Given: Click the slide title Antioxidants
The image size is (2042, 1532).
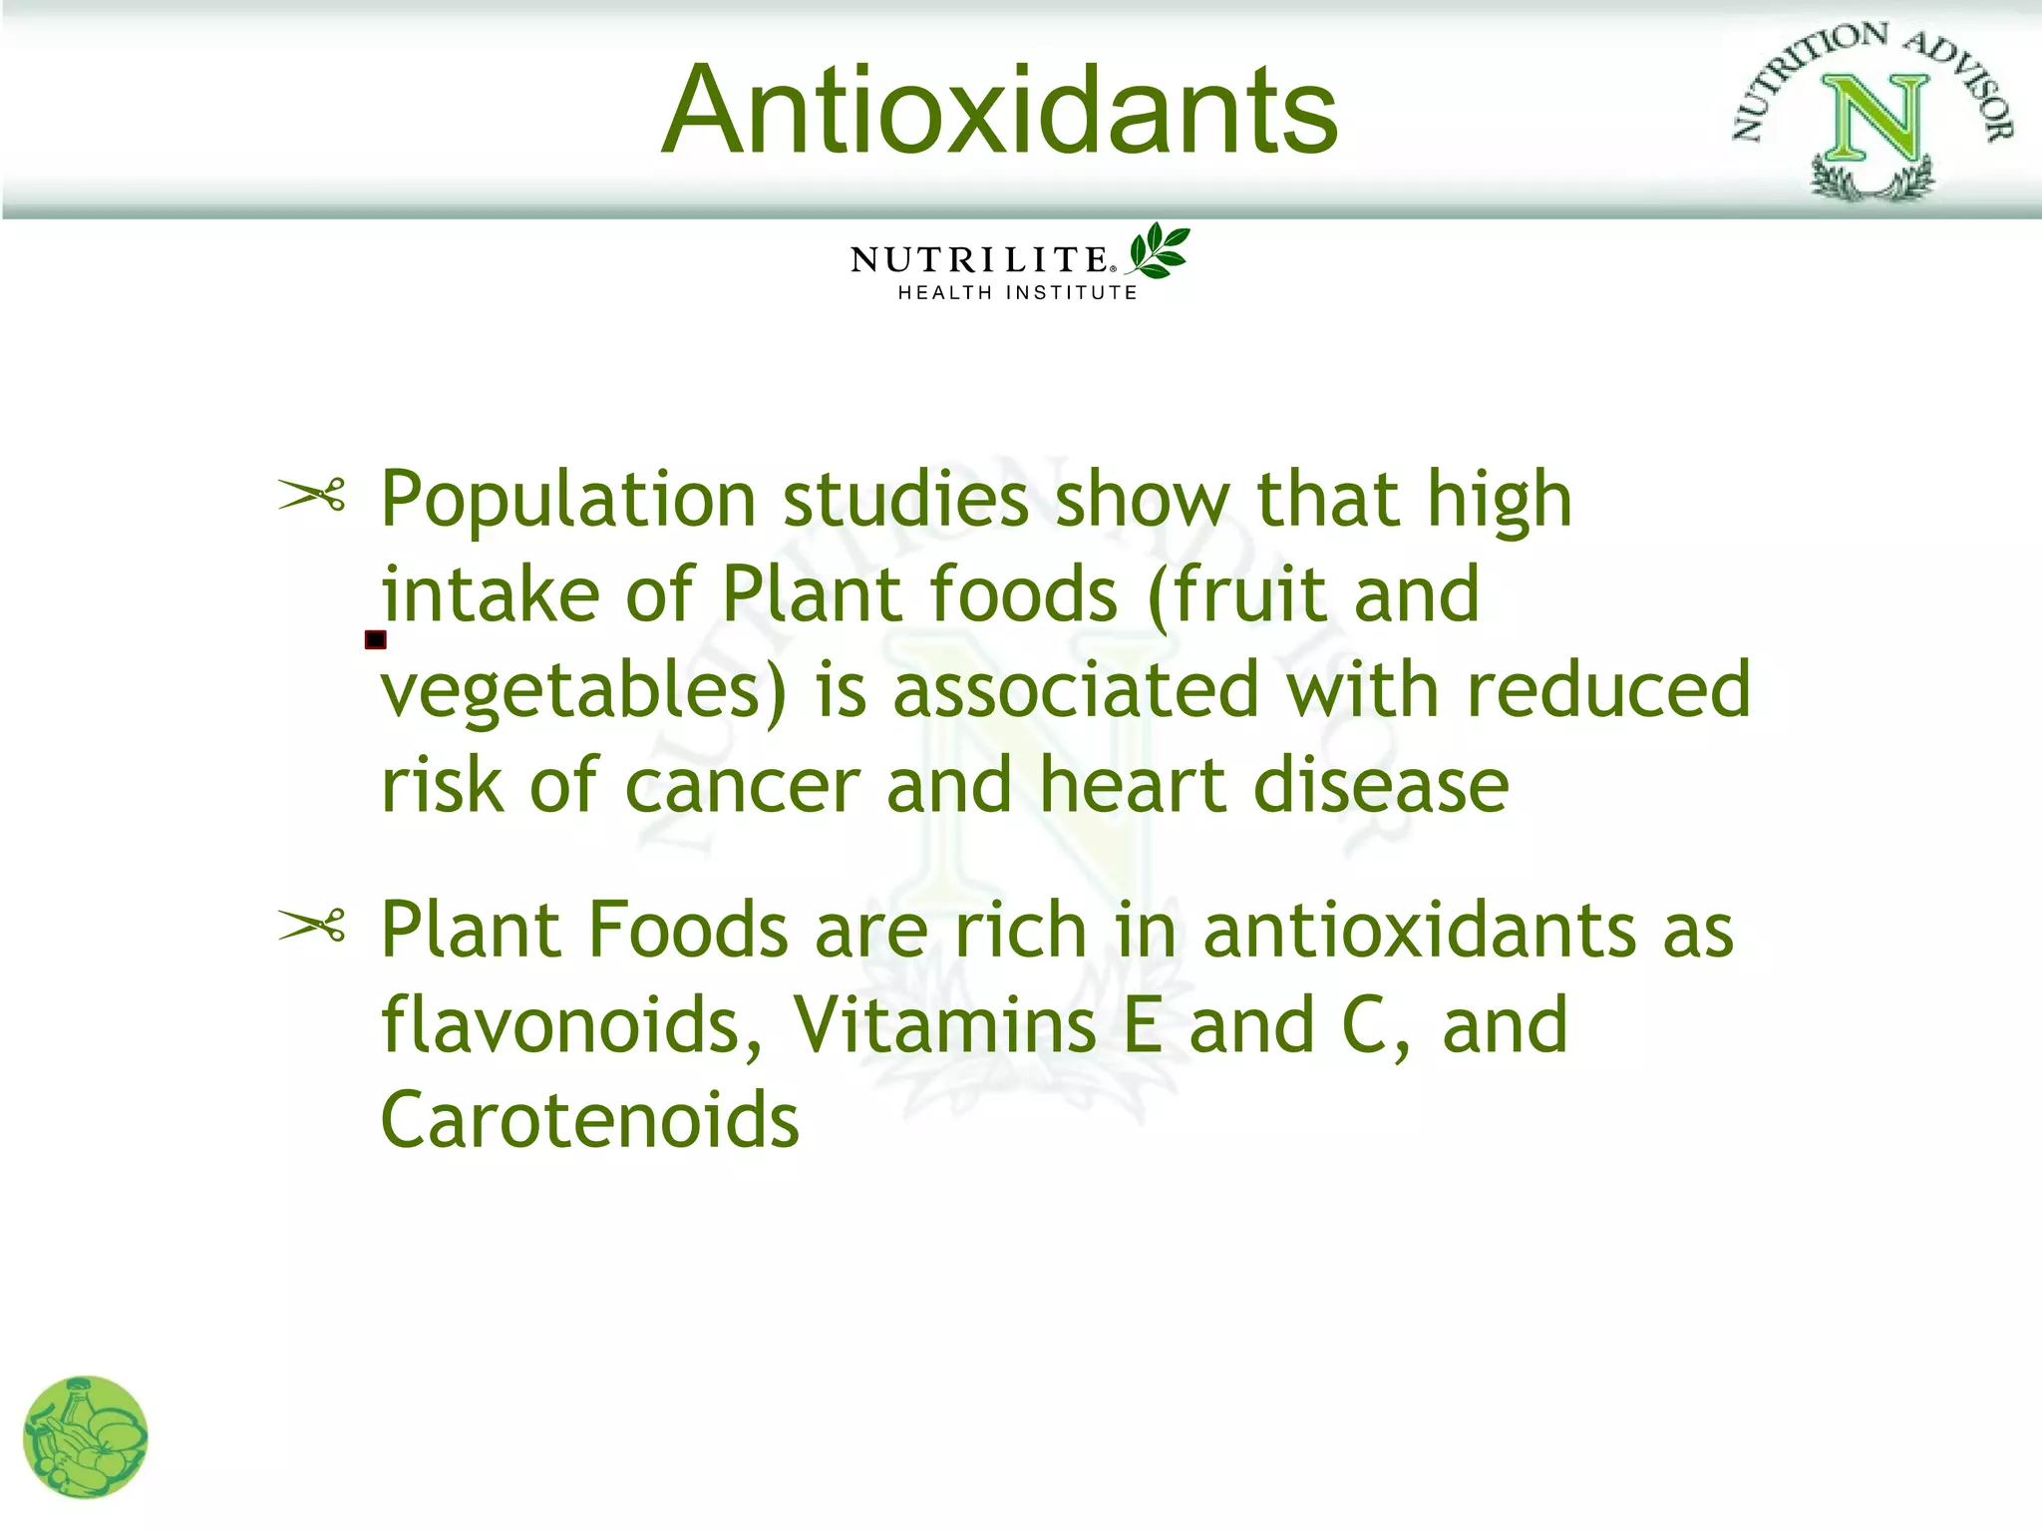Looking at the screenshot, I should [x=999, y=110].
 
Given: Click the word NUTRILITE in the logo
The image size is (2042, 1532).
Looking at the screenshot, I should [x=979, y=259].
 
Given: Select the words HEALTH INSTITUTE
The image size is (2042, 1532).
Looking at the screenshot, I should [x=1017, y=292].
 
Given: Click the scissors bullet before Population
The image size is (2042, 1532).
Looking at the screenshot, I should [x=311, y=494].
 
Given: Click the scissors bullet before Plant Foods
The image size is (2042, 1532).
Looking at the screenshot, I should [x=311, y=926].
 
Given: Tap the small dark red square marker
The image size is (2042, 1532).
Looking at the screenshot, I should [x=375, y=639].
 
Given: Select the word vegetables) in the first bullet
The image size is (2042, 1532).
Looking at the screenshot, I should [x=584, y=690].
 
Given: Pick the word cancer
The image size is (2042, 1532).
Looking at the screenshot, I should [x=743, y=786].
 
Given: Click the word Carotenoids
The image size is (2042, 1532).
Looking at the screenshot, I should [x=590, y=1121].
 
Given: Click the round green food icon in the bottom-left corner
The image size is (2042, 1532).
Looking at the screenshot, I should [x=86, y=1437].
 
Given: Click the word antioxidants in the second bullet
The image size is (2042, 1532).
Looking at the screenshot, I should [x=1419, y=930].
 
